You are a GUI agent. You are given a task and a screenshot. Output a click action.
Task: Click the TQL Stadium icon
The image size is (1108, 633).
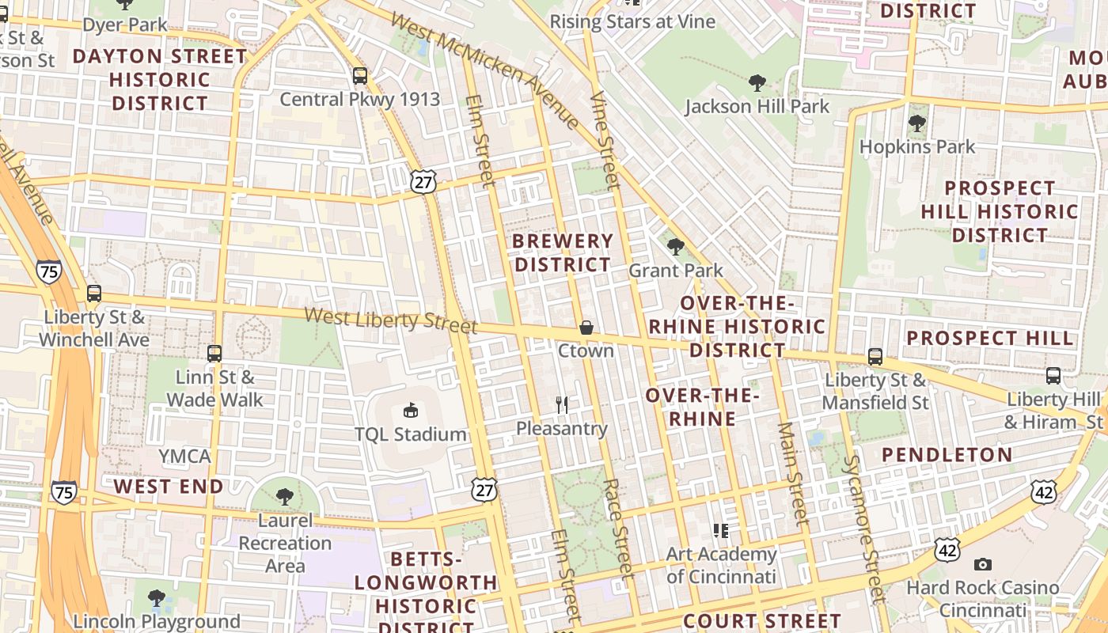410,410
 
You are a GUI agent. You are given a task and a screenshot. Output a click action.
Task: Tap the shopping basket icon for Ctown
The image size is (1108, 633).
586,327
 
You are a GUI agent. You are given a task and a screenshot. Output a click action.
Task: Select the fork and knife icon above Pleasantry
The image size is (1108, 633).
562,405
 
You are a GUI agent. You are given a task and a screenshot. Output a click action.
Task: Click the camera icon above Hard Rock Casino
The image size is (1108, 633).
983,564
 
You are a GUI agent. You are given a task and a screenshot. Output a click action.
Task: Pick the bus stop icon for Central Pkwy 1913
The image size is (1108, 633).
360,76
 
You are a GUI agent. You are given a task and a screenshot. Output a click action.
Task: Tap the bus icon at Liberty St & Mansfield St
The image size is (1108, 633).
875,356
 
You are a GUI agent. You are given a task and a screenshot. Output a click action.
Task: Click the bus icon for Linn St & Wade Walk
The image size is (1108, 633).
214,353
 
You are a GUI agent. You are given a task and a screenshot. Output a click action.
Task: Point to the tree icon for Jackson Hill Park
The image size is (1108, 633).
757,82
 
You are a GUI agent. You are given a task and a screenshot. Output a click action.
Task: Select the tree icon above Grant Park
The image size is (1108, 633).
676,247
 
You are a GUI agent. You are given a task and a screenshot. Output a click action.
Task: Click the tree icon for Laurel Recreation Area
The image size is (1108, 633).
285,497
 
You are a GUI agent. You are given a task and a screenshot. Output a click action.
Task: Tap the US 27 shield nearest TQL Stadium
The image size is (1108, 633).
484,488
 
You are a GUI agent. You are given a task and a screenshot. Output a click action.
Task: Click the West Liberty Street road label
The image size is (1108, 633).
391,320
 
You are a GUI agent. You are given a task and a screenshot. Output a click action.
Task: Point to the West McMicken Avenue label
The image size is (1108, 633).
486,70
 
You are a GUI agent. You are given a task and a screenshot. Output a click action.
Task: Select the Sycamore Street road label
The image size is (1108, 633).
863,529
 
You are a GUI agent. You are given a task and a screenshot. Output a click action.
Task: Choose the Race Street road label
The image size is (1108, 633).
618,526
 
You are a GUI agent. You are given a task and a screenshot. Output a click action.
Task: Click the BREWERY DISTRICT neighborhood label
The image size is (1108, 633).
563,252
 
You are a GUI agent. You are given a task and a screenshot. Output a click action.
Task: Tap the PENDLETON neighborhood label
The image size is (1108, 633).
947,455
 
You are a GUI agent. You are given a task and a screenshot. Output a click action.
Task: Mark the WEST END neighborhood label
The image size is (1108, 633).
168,486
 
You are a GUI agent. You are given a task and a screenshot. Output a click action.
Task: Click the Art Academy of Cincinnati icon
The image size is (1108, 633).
720,530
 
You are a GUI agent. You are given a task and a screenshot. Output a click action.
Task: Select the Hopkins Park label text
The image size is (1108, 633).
917,147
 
